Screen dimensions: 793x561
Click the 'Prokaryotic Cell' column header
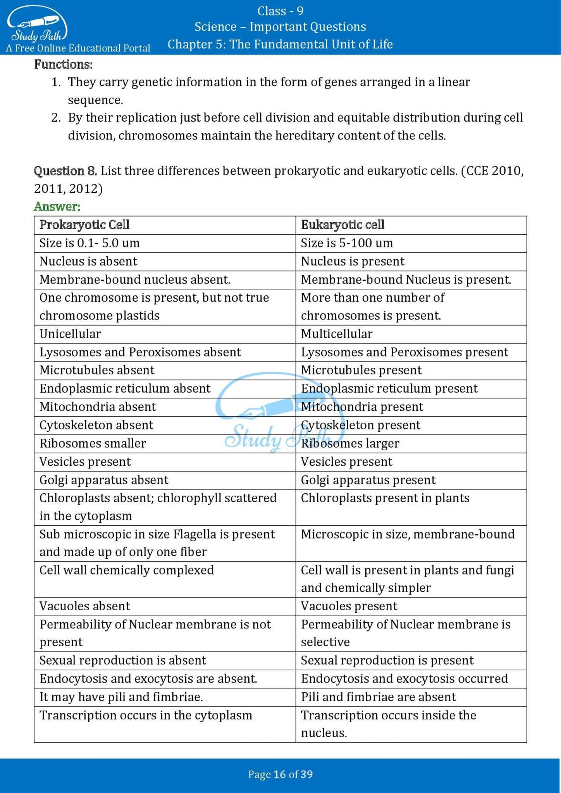84,225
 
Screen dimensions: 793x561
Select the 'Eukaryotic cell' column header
342,225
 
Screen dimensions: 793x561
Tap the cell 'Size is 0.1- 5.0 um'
89,243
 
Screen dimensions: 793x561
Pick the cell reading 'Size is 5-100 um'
347,243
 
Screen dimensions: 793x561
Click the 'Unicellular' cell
70,334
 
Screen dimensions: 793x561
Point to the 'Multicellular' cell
337,334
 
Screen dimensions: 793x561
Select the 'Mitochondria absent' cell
98,407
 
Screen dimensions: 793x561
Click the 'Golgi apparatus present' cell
368,480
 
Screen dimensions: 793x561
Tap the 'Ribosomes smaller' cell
93,443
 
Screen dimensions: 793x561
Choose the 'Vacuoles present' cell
349,606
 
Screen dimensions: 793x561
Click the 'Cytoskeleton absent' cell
96,425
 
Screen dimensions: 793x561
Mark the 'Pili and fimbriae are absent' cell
379,697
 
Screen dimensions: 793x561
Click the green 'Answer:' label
57,207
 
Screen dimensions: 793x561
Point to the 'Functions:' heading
64,64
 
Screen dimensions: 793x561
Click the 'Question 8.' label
65,171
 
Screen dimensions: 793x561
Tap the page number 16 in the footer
279,774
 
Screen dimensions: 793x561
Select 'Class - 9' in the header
280,11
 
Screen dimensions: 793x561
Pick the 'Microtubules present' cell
361,370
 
